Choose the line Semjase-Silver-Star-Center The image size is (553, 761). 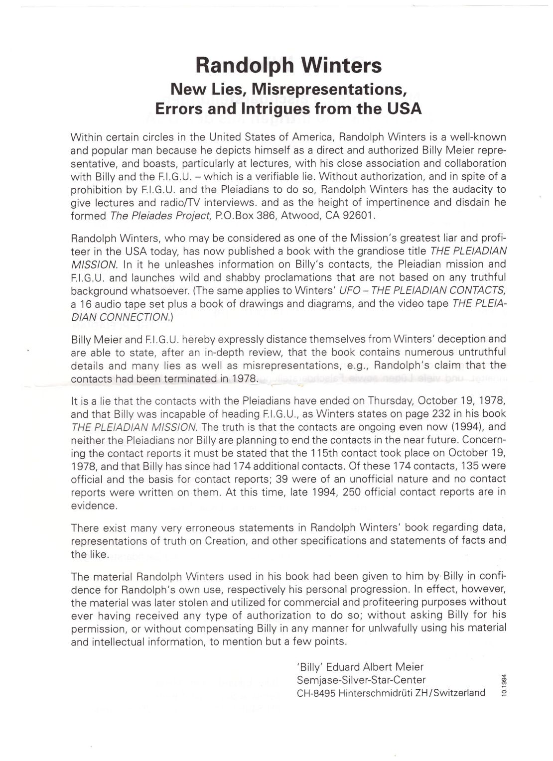tap(361, 680)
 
